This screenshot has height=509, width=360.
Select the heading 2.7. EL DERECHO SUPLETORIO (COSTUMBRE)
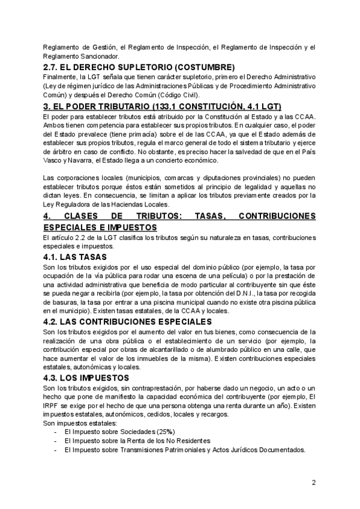pos(139,67)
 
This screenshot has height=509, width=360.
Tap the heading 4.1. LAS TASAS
pos(75,256)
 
